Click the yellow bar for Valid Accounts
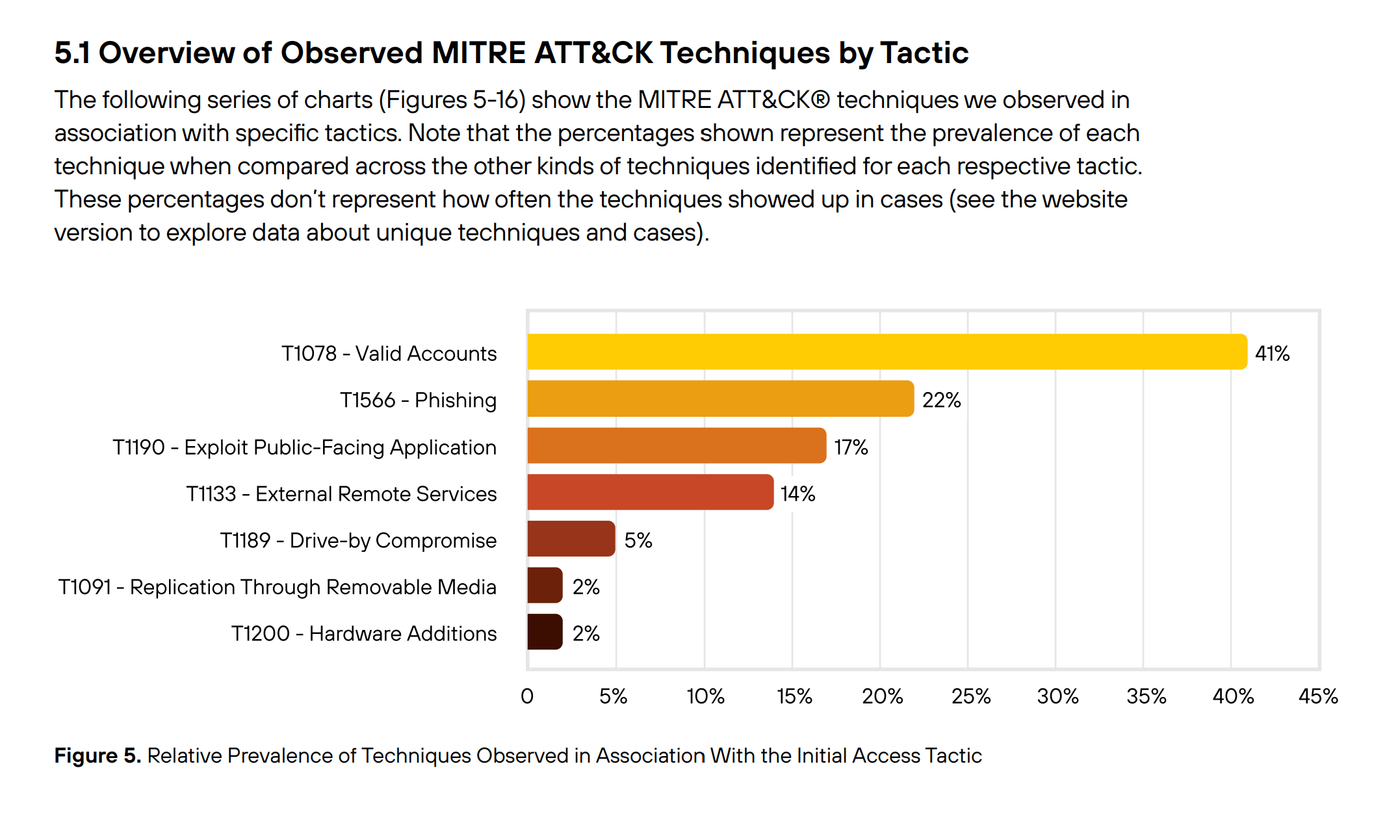click(887, 352)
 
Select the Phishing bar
click(720, 399)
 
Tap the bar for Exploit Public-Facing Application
click(676, 445)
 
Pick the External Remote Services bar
click(650, 492)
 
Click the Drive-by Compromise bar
click(571, 538)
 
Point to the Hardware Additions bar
click(545, 632)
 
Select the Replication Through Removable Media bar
click(545, 585)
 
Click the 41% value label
click(1272, 354)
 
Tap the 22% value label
click(941, 400)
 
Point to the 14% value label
click(797, 494)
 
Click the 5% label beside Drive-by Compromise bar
click(638, 540)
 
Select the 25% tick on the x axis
click(970, 696)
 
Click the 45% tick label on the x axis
click(1318, 696)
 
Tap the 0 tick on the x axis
click(527, 696)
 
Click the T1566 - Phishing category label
click(418, 400)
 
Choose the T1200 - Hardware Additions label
click(364, 633)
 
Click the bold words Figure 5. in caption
click(97, 755)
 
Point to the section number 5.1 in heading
click(72, 53)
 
